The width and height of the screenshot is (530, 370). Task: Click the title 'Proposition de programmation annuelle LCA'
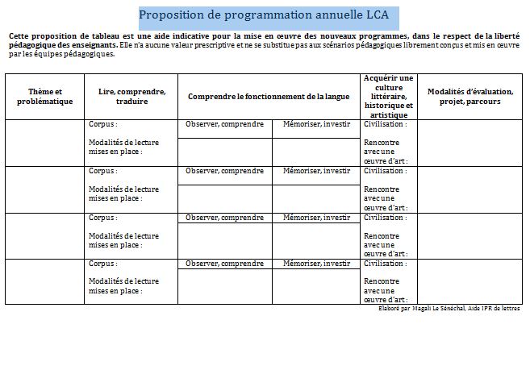click(x=268, y=15)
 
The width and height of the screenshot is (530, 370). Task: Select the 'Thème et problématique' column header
click(x=44, y=97)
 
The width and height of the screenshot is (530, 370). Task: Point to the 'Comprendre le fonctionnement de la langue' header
click(x=268, y=97)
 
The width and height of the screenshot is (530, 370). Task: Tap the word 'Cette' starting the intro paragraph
click(x=20, y=36)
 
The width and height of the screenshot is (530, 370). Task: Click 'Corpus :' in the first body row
click(x=105, y=125)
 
